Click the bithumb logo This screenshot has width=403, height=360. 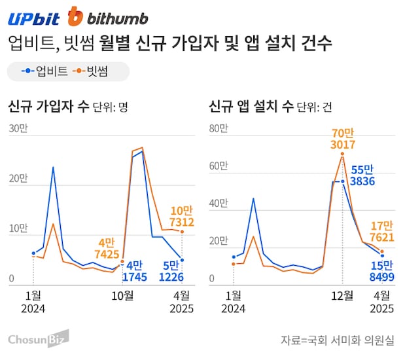[x=108, y=17]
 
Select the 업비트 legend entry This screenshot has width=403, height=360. [x=44, y=71]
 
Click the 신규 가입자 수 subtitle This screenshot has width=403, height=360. [x=48, y=106]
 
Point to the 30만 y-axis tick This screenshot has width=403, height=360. [x=18, y=128]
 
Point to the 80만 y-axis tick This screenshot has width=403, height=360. [x=218, y=128]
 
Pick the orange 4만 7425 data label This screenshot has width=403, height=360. [x=105, y=247]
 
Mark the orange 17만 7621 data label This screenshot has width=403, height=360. [x=380, y=231]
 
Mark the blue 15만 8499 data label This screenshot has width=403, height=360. [x=380, y=270]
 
